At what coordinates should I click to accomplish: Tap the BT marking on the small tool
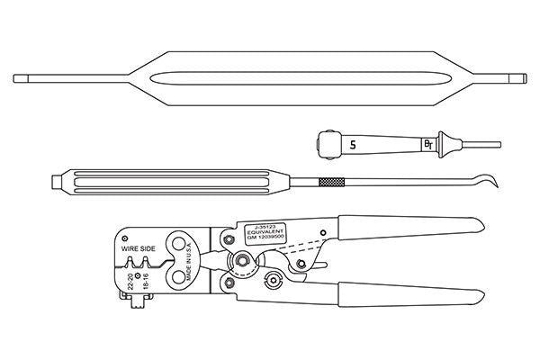[427, 144]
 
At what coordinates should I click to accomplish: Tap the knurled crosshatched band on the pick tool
[328, 183]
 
